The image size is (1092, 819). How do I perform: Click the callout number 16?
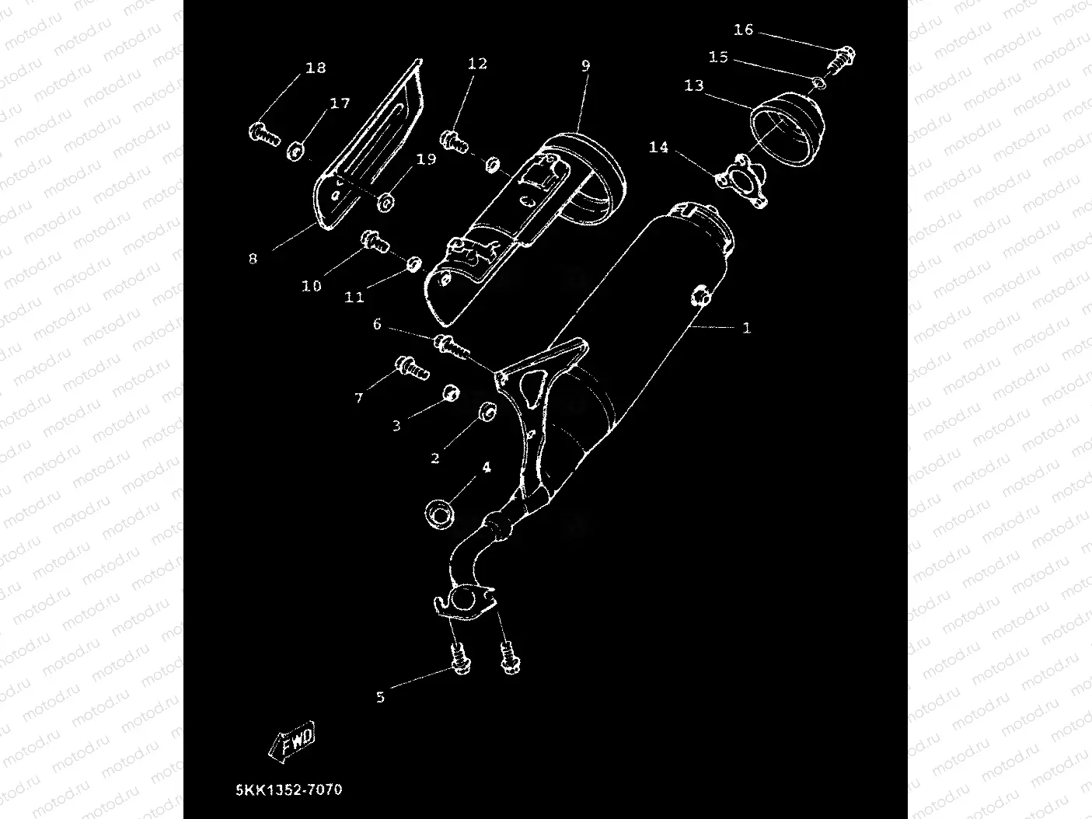(743, 30)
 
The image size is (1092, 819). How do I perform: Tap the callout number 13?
(693, 85)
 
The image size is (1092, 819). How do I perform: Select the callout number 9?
(585, 66)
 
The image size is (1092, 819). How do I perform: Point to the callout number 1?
(747, 329)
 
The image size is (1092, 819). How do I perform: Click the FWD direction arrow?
(292, 741)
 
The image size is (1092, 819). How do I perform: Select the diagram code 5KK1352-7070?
(289, 790)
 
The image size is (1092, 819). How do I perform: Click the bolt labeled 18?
(264, 135)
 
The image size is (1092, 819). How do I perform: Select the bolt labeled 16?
(842, 58)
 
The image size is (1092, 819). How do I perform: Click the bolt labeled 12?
(455, 141)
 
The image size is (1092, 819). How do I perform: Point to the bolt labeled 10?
(375, 242)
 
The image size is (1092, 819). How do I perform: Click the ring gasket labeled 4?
(440, 513)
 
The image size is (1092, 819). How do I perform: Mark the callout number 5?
(380, 697)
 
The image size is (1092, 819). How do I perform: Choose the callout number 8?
(253, 259)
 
